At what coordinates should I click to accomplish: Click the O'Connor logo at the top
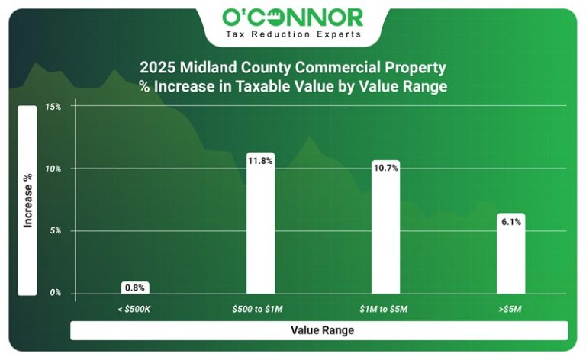(x=292, y=17)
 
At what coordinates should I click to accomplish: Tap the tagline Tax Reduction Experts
(x=292, y=35)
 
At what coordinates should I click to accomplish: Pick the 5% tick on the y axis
(x=55, y=231)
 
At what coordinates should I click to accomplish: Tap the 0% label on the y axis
(x=55, y=293)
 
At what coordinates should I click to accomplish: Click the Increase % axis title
(x=27, y=200)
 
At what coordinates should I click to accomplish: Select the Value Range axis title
(x=318, y=330)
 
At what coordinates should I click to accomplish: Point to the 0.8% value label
(x=135, y=288)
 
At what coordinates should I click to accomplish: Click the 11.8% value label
(x=260, y=160)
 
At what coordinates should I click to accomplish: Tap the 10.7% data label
(x=385, y=167)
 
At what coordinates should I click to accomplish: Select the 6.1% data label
(x=510, y=222)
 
